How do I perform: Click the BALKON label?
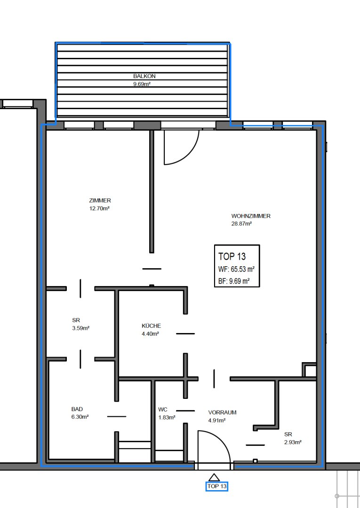pos(144,76)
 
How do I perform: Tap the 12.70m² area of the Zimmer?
pos(99,208)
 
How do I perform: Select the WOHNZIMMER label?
pos(251,216)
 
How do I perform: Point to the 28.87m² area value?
pos(241,223)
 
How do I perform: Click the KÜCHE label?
pos(152,325)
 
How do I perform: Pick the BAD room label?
pos(77,409)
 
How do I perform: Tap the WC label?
pos(163,410)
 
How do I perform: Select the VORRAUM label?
pos(222,413)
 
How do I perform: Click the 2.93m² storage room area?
pos(293,442)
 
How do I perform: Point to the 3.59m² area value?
pos(80,328)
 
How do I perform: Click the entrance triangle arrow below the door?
pos(214,477)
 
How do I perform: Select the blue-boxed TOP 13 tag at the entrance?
pos(217,486)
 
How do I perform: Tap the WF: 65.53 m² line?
pos(236,269)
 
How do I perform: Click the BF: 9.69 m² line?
pos(234,281)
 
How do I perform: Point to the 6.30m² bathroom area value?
pos(80,417)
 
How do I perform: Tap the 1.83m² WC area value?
pos(167,418)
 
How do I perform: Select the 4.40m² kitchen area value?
pos(150,333)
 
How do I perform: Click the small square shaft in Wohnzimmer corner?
pos(310,370)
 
